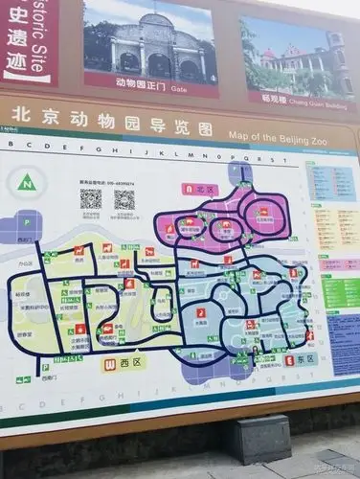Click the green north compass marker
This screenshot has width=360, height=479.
coord(28,182)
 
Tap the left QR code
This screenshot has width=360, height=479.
coord(91,198)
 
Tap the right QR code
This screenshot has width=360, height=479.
coord(124,199)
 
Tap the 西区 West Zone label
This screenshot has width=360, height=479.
coord(131,364)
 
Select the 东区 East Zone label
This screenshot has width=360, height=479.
coord(306,359)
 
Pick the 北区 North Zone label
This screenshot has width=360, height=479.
coord(207,190)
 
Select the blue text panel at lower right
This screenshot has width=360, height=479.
coord(344,345)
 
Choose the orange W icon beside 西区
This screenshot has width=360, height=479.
coord(111,364)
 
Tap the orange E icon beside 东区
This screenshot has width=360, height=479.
coord(289,360)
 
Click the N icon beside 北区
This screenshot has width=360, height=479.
coord(190,189)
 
